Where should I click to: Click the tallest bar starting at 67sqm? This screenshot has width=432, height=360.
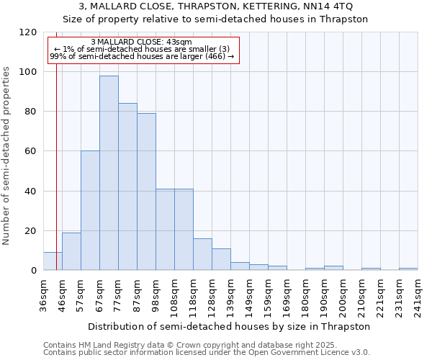click(109, 173)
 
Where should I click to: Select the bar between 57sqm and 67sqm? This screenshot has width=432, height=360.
click(90, 210)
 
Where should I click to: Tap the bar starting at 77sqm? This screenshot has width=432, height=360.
click(127, 186)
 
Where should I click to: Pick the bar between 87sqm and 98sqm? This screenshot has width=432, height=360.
click(146, 192)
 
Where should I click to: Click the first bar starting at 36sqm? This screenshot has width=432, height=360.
click(53, 261)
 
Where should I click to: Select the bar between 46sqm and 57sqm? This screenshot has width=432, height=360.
click(71, 251)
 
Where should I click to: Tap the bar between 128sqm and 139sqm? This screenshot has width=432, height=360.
click(221, 259)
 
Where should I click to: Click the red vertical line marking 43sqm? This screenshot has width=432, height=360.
click(56, 158)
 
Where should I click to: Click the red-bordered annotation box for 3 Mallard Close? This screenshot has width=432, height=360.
click(142, 49)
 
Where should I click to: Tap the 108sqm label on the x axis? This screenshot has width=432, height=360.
click(174, 294)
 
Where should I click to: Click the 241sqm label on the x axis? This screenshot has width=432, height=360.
click(418, 294)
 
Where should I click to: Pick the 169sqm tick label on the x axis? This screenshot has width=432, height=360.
click(287, 294)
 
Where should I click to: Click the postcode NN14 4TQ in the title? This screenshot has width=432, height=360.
click(328, 6)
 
